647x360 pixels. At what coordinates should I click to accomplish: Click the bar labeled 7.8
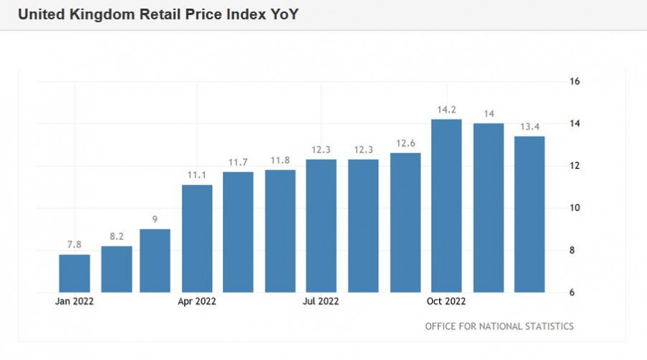74,274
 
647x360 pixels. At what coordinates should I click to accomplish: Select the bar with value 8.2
116,269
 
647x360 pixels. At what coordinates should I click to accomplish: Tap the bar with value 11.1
197,239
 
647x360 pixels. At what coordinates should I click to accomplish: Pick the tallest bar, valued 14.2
446,206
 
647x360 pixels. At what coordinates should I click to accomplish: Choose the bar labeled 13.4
529,214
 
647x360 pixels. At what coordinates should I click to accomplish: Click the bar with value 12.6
405,223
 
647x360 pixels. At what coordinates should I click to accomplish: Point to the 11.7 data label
238,163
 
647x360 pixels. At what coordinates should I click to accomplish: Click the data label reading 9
155,220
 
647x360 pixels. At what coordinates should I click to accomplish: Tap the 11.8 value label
280,160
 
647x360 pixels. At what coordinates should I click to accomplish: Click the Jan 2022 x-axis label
74,301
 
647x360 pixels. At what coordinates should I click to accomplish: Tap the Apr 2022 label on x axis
197,301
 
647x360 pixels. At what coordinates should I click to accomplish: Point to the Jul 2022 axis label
321,301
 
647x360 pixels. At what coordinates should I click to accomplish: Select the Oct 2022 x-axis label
446,301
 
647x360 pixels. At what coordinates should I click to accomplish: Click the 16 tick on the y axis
574,81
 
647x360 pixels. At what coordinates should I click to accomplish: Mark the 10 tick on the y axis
574,208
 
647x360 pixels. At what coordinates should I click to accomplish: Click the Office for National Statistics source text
499,326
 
